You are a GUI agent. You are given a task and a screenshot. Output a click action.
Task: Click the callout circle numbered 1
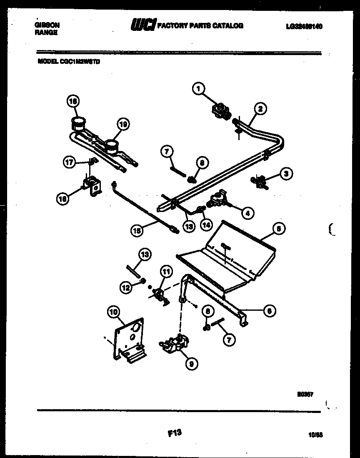[199, 88]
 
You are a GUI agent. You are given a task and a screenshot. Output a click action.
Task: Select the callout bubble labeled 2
[260, 109]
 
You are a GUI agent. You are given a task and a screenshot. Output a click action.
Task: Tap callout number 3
[285, 174]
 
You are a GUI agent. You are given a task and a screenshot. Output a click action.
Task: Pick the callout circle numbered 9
[191, 364]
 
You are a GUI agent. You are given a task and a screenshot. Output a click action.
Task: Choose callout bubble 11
[166, 272]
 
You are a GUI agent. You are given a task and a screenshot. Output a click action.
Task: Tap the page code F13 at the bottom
[175, 433]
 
